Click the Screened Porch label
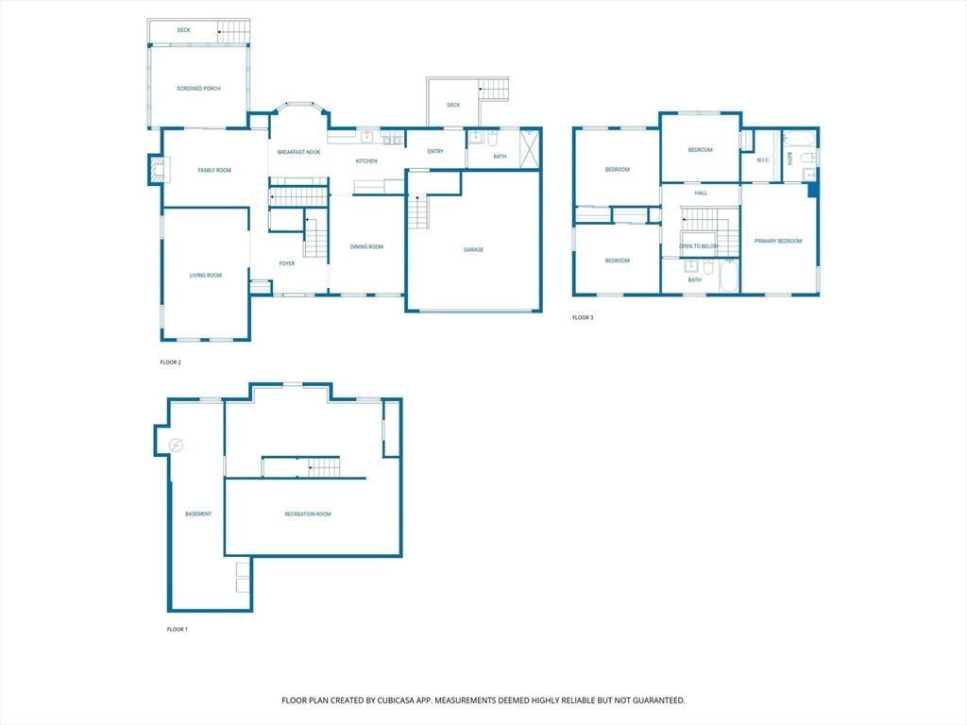(198, 89)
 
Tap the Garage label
(474, 249)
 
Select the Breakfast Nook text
(298, 152)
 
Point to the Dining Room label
(367, 247)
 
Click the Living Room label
(205, 276)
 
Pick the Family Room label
(214, 170)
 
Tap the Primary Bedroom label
(778, 241)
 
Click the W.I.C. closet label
(763, 160)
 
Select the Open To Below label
(699, 246)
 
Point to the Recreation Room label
(308, 514)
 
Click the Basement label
(198, 514)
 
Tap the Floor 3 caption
(583, 318)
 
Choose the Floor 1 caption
(177, 630)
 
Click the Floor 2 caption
(170, 362)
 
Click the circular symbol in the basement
(177, 445)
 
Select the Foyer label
(287, 264)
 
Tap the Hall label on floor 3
(702, 194)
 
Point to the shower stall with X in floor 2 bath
(529, 148)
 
